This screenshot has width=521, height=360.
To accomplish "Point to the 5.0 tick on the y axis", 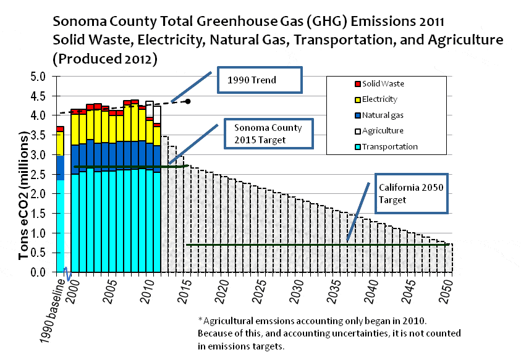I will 38,77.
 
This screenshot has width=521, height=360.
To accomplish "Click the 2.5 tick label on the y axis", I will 38,175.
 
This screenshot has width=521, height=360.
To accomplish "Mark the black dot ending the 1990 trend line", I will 188,101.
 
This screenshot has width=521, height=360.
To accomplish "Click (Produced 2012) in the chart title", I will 105,60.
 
